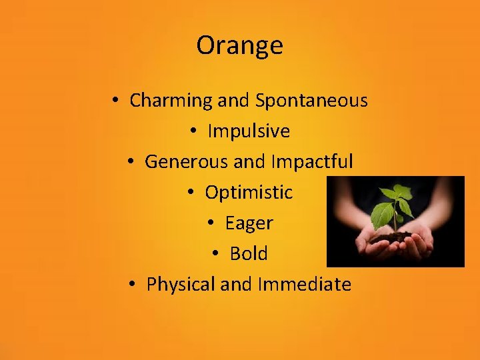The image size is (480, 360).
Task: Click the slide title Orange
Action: click(x=239, y=45)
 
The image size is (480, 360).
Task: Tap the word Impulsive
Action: click(x=249, y=131)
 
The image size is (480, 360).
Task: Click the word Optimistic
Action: click(x=249, y=193)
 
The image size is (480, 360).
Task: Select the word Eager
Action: click(x=249, y=223)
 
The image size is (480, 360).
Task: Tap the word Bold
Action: click(x=249, y=254)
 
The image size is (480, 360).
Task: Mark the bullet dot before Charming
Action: click(x=115, y=101)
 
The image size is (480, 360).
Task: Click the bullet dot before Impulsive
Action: click(x=193, y=132)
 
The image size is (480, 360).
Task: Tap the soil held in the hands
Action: click(x=394, y=237)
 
